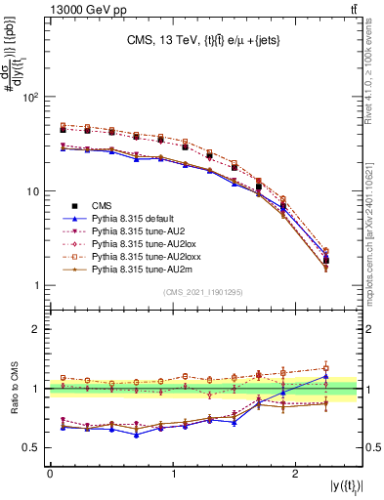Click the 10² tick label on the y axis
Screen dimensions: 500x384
[33, 98]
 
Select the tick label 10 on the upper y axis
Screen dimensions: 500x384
[35, 191]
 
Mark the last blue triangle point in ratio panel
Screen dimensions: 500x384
[325, 376]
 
